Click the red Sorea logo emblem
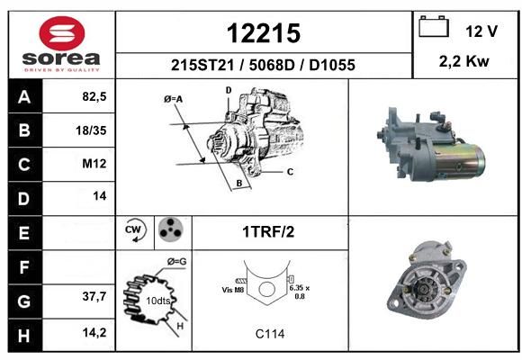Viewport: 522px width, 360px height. [x=62, y=33]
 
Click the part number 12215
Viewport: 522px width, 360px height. [x=264, y=33]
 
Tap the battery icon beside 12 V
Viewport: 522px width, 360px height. [x=434, y=26]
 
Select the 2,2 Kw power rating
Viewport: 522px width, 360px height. [x=464, y=61]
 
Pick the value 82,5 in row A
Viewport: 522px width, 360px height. [x=94, y=96]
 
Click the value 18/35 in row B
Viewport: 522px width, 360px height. [x=91, y=130]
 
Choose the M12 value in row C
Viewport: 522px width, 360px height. [x=94, y=164]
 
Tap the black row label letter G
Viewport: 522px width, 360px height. [x=24, y=301]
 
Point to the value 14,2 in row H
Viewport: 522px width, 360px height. [x=94, y=332]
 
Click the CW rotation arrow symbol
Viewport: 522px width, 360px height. [x=136, y=229]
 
